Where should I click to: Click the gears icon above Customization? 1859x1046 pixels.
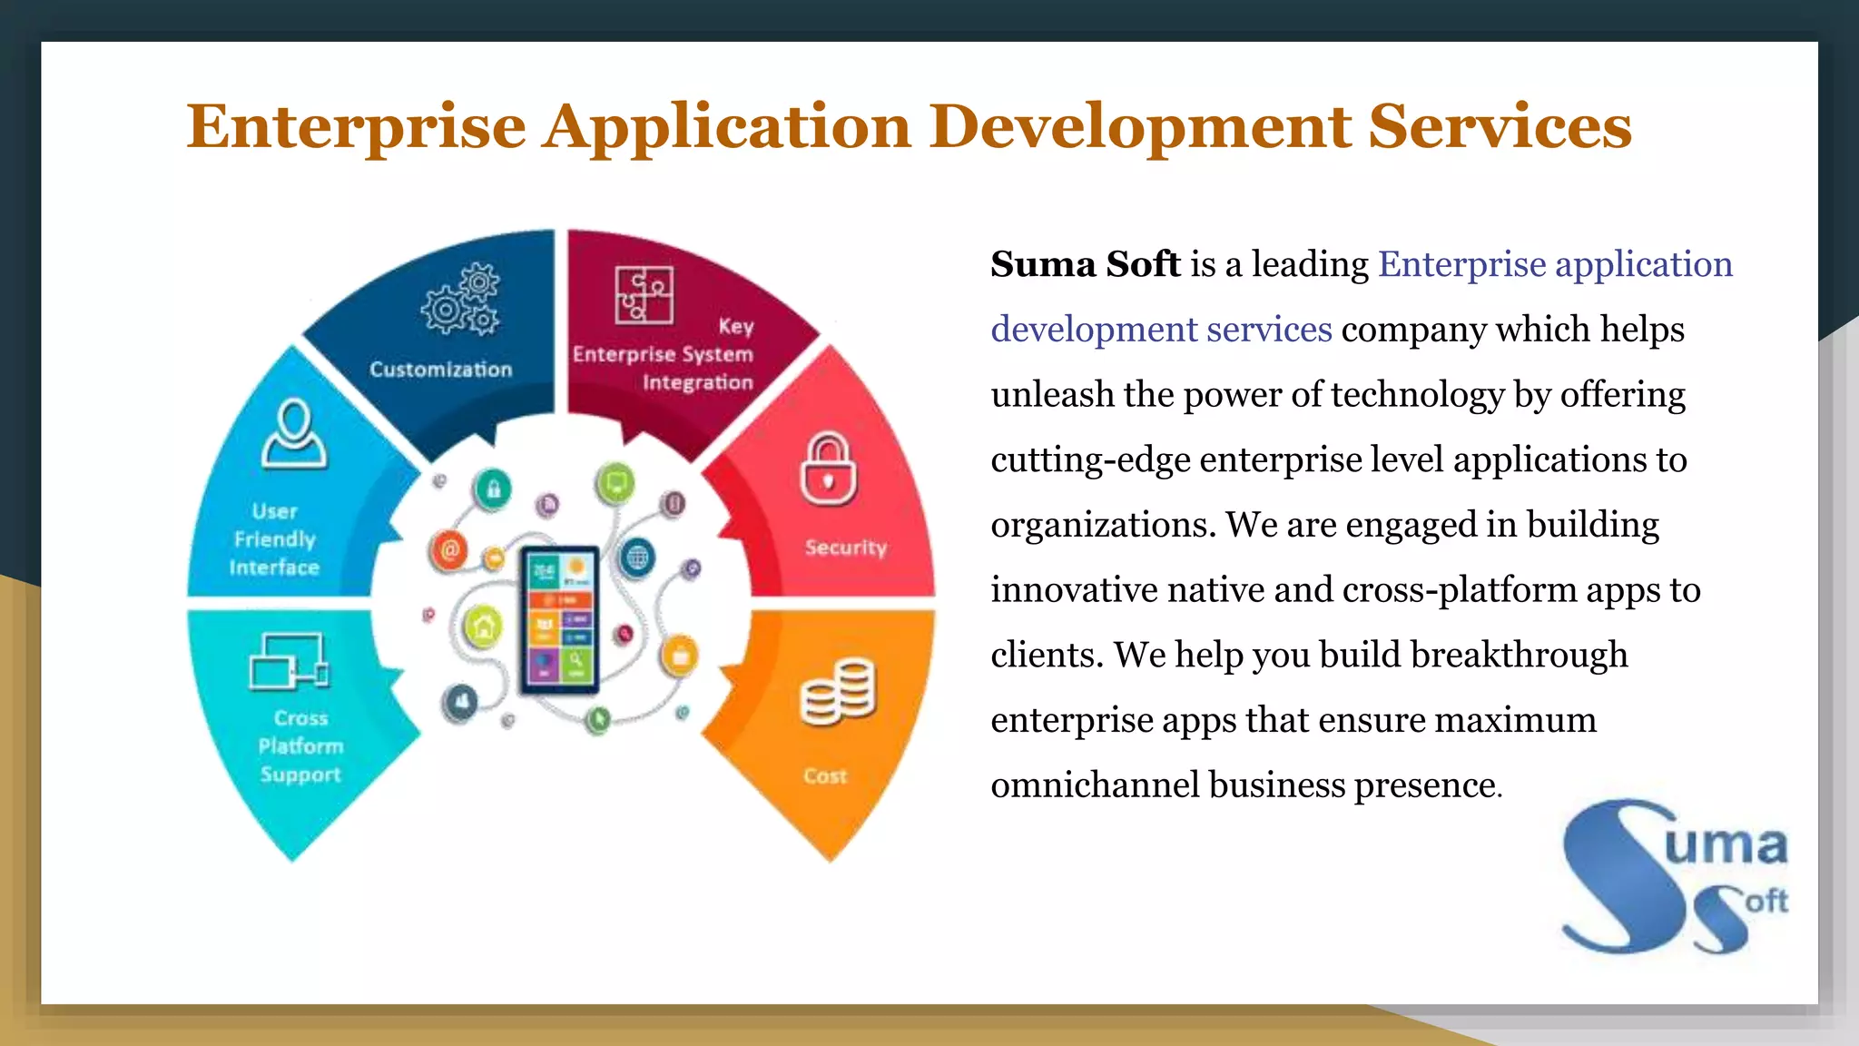point(461,300)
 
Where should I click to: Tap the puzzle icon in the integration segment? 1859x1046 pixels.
point(644,295)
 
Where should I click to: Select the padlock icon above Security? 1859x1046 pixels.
point(828,469)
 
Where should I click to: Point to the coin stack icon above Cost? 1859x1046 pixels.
point(838,692)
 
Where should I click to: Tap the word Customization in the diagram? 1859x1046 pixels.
point(441,370)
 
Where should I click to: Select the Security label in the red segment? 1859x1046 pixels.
point(845,548)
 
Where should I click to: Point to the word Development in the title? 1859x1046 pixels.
point(1141,126)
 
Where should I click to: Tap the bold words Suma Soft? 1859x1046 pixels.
point(1085,264)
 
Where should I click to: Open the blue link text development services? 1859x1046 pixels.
point(1161,330)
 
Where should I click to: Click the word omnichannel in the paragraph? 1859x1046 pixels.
point(1095,785)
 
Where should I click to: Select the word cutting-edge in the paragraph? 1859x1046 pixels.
point(1090,459)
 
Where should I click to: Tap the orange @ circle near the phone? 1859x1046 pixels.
point(448,549)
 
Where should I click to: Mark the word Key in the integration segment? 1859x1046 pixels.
point(735,326)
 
